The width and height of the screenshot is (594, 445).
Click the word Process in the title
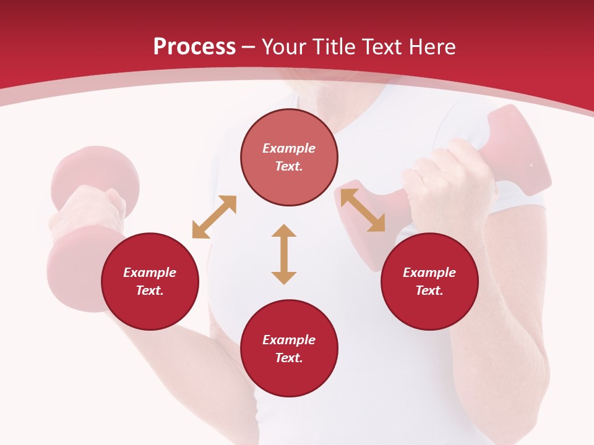[194, 47]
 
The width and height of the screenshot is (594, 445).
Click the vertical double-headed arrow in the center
[284, 254]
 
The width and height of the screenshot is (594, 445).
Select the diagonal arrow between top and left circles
[214, 217]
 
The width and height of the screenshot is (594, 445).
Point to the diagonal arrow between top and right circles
[363, 211]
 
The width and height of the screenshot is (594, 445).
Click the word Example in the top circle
[289, 148]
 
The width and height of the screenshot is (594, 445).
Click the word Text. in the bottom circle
[289, 358]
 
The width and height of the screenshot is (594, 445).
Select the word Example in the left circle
[150, 273]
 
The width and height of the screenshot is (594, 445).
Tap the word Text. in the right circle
[429, 290]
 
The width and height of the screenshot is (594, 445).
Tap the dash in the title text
[249, 47]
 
